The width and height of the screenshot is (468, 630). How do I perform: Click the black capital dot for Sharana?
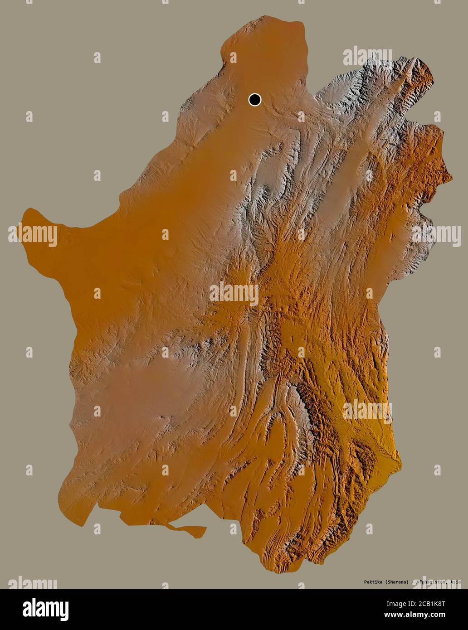click(255, 99)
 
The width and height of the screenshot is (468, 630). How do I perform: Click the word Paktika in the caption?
click(374, 582)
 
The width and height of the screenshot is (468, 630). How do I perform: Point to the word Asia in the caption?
click(455, 582)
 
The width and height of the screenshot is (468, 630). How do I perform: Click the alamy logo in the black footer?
click(45, 610)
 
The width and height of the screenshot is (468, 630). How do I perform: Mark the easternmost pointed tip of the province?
click(451, 179)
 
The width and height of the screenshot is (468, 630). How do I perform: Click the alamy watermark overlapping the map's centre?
click(234, 293)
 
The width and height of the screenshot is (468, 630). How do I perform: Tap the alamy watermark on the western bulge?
click(33, 235)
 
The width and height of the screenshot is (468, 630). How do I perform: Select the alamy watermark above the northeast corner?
click(367, 56)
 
